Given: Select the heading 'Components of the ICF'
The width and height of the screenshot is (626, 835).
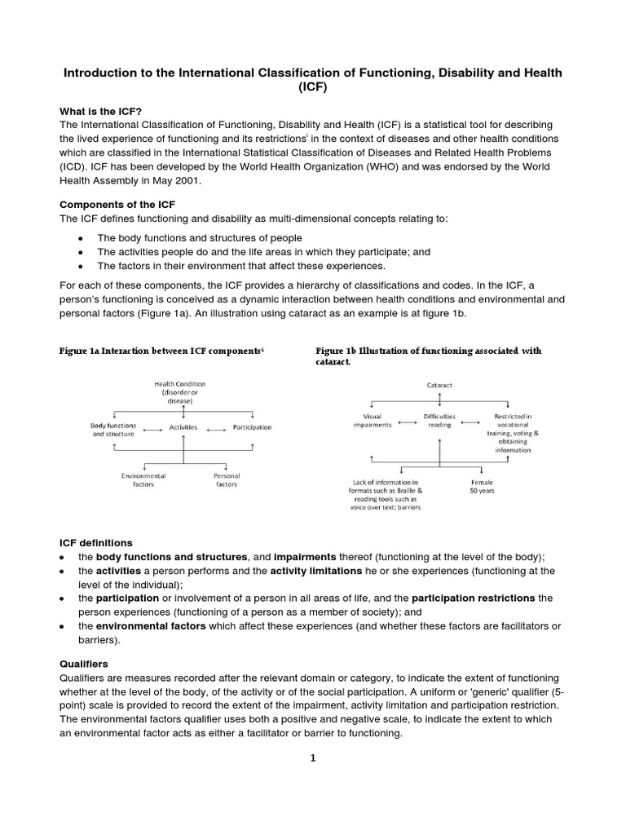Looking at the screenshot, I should [x=119, y=204].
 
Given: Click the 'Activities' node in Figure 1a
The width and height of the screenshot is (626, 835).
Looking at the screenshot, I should [x=183, y=427].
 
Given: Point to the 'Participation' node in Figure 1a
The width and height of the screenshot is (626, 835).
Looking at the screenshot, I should [x=252, y=427].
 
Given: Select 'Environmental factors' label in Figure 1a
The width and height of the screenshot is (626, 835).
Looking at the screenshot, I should [x=143, y=479].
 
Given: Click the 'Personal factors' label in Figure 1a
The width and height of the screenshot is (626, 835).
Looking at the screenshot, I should [x=226, y=479].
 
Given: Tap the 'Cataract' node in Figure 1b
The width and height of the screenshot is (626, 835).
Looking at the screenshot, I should [x=440, y=383].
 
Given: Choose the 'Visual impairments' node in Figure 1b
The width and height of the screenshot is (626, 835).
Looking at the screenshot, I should [x=372, y=421].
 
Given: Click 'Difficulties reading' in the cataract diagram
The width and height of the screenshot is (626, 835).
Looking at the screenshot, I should [x=440, y=421].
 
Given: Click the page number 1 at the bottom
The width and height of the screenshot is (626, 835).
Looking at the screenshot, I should [x=313, y=758].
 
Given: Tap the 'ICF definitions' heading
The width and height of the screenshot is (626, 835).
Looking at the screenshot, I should [x=96, y=542].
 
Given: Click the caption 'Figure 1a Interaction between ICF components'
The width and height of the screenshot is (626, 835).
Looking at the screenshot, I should [x=161, y=351].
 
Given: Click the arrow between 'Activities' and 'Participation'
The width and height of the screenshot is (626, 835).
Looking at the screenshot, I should [x=216, y=427].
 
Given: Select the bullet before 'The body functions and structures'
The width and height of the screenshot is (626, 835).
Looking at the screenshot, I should [x=80, y=237].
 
